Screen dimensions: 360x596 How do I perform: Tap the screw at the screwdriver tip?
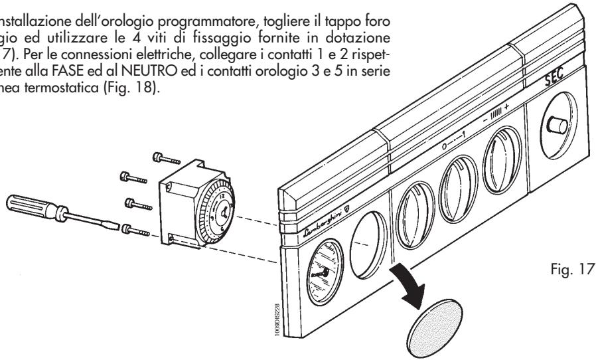click(133, 230)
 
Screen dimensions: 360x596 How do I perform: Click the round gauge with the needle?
click(320, 263)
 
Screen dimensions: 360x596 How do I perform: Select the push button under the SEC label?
click(556, 122)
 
